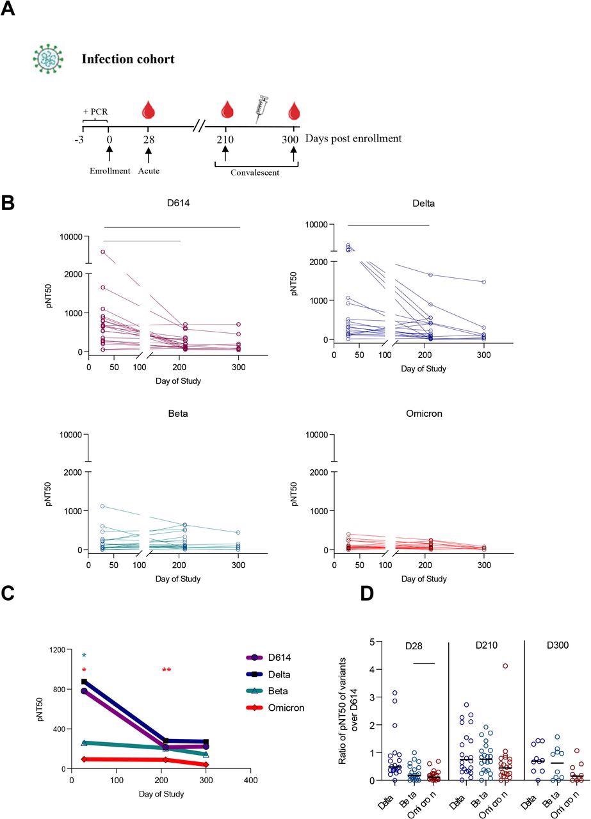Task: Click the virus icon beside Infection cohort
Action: point(49,58)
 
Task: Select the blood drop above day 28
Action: point(149,109)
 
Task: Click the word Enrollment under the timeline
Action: point(110,171)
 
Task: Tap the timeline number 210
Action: point(225,138)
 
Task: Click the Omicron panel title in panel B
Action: point(424,414)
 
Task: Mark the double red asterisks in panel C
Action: point(166,670)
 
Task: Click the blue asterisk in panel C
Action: point(84,656)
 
